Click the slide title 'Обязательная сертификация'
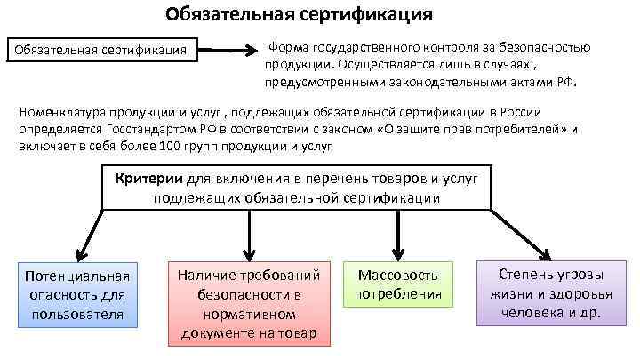[x=300, y=14]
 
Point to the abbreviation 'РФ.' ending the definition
[x=566, y=82]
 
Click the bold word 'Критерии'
[x=146, y=178]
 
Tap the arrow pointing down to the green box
[x=393, y=235]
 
